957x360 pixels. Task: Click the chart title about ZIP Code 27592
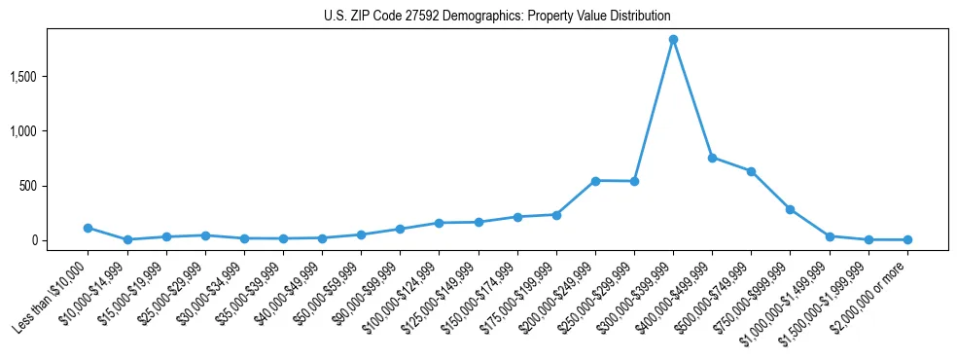click(497, 17)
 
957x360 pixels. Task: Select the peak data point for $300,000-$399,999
click(673, 40)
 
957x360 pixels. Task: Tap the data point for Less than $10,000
click(88, 228)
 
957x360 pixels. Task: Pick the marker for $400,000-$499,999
click(712, 158)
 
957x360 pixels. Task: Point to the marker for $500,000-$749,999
click(751, 171)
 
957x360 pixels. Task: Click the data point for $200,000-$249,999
click(595, 181)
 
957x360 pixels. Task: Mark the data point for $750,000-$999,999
click(790, 209)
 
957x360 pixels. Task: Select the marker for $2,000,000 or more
click(907, 239)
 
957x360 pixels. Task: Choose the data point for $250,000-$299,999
click(634, 181)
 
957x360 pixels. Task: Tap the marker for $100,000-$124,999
click(439, 223)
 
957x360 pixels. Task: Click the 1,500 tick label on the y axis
click(50, 77)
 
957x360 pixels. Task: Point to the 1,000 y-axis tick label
click(50, 131)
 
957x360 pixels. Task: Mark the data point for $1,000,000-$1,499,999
click(830, 236)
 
